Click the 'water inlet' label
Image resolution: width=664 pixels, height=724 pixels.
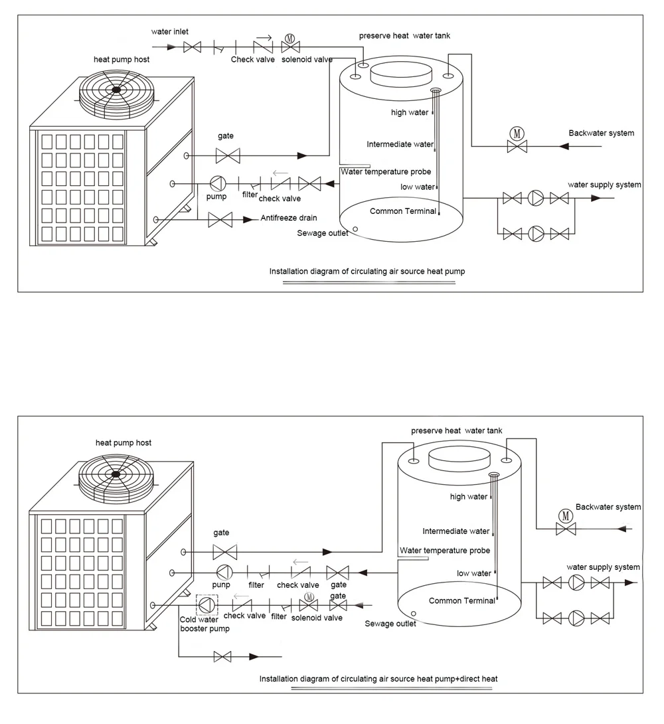coord(170,31)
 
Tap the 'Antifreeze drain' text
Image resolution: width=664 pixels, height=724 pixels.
coord(289,218)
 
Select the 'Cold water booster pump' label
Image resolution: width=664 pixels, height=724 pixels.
coord(204,624)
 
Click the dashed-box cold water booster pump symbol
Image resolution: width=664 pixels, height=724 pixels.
coord(207,604)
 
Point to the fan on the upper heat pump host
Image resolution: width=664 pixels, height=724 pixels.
coord(117,90)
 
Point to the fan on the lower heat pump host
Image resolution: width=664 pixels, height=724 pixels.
coord(116,474)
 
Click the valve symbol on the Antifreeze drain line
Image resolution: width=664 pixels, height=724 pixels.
coord(219,219)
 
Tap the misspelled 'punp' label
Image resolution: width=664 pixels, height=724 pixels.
coord(221,585)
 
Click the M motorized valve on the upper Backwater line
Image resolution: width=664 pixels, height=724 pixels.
coord(517,139)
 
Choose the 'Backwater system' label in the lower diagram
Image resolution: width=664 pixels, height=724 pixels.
coord(608,507)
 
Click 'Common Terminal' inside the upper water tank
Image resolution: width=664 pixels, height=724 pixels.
coord(402,211)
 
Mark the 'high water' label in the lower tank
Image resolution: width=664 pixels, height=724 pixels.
coord(468,497)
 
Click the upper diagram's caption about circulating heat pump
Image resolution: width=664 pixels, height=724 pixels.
coord(371,272)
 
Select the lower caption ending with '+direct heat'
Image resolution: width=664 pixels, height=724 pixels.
coord(378,679)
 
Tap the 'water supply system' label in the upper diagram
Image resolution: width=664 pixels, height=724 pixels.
coord(604,185)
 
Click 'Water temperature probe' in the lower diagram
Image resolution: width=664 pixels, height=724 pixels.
coord(445,551)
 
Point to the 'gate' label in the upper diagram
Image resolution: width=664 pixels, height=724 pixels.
coord(226,136)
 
